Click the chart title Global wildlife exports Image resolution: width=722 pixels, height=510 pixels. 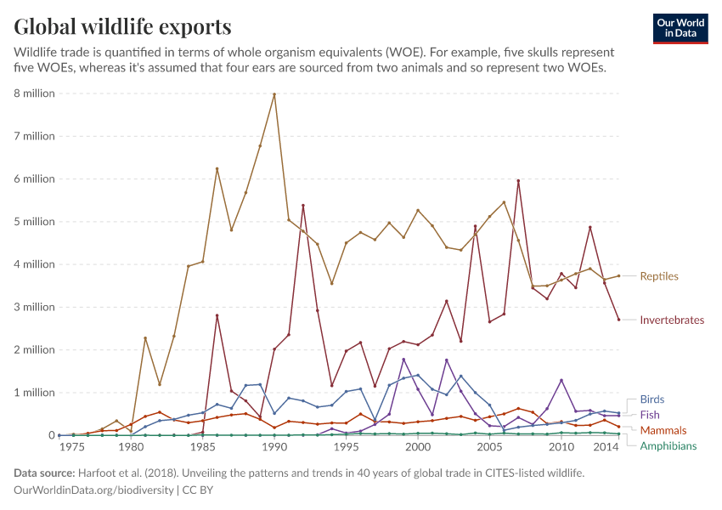122,26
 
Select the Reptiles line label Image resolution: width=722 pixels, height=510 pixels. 659,276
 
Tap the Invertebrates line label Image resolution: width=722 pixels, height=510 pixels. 672,320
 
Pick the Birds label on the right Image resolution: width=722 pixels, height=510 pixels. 652,399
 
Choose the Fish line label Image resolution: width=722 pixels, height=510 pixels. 650,415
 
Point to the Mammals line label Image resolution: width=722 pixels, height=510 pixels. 663,431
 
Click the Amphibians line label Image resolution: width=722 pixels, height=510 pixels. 668,446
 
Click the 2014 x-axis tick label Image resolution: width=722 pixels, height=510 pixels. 606,447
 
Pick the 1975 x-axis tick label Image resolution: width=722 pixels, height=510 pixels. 72,447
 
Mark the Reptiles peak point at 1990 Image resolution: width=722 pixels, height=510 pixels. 274,93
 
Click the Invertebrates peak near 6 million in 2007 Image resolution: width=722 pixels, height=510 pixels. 518,180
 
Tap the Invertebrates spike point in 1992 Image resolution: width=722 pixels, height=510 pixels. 303,205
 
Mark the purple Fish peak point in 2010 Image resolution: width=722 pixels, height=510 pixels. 561,380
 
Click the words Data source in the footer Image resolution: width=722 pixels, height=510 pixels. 43,473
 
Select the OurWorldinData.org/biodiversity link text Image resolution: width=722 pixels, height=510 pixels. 93,490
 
